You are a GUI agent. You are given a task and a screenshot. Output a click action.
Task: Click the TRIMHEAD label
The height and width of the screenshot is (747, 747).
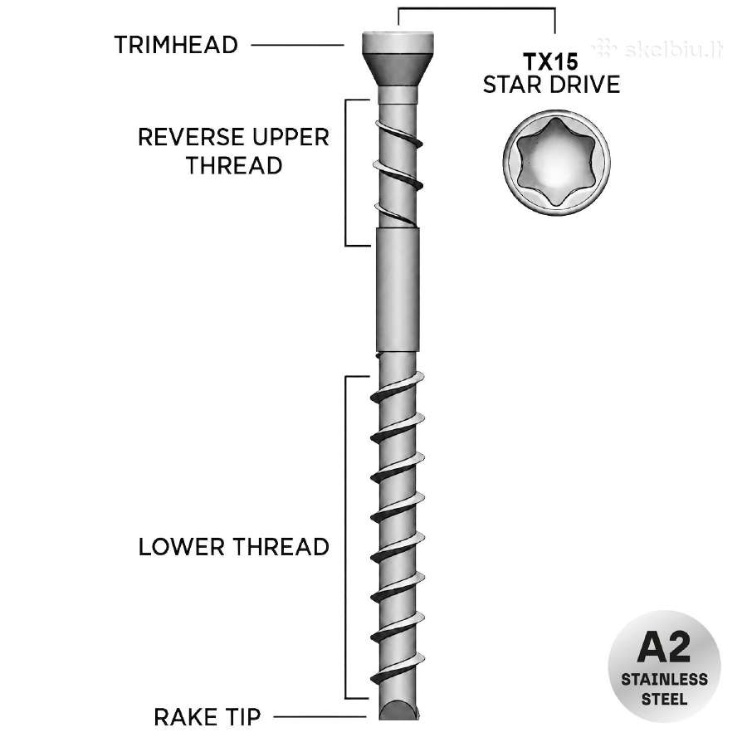tap(176, 46)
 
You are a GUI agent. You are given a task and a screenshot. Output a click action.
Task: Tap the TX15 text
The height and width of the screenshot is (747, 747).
tap(551, 62)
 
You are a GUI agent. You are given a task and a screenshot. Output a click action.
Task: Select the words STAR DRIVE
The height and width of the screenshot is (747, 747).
tap(551, 85)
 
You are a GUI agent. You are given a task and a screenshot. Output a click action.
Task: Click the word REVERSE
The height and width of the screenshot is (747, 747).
tap(191, 137)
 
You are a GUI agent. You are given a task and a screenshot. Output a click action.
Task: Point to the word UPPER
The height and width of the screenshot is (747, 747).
tap(290, 137)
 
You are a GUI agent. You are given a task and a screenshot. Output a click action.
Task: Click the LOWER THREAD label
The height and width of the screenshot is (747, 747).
tap(233, 546)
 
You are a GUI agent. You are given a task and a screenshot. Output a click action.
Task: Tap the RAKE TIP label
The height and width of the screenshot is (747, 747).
tap(207, 717)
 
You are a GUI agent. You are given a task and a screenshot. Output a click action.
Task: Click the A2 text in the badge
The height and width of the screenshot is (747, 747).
tap(664, 647)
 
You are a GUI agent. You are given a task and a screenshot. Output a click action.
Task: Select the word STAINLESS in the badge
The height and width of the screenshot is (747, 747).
tap(664, 679)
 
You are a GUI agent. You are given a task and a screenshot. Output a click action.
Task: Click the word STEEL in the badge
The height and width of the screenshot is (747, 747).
tap(664, 700)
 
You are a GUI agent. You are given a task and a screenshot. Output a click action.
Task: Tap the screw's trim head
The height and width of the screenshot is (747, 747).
tap(398, 59)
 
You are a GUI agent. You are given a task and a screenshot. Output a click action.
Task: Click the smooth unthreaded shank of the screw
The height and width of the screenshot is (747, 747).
tap(398, 289)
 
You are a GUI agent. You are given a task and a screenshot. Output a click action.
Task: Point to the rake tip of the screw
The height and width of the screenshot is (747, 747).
tap(398, 710)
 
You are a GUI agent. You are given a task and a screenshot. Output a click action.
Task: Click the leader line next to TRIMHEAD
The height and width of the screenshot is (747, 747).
tap(297, 46)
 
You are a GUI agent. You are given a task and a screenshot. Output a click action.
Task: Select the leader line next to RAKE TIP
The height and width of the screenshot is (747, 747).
tap(320, 716)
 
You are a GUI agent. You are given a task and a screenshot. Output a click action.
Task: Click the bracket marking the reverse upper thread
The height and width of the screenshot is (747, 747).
tap(346, 173)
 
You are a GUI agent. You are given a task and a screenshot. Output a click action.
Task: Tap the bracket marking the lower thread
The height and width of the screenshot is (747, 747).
tap(346, 537)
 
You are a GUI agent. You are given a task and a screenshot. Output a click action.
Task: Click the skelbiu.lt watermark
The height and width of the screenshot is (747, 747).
tap(658, 49)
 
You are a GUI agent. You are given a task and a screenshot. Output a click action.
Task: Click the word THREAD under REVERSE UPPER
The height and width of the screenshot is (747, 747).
tap(234, 166)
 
